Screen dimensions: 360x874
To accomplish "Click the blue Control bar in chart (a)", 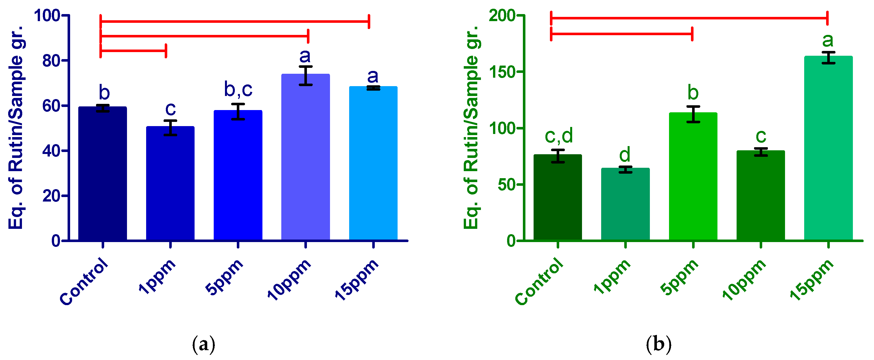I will click(x=102, y=173).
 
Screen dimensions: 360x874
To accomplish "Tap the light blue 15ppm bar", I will click(x=373, y=163).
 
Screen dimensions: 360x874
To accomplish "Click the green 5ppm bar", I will click(x=693, y=176).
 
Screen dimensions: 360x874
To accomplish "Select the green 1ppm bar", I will click(x=625, y=204).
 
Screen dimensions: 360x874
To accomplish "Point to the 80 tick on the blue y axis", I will click(x=51, y=61).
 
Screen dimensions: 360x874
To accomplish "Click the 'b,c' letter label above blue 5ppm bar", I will click(x=238, y=90).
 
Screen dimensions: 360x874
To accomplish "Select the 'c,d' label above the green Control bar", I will click(x=558, y=136).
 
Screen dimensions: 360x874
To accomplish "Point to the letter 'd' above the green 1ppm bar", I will click(x=625, y=155).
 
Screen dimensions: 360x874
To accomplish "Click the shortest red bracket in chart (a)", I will click(x=133, y=51).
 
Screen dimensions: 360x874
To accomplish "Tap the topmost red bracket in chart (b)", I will click(x=689, y=18).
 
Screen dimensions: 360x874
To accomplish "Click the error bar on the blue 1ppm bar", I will click(x=170, y=128).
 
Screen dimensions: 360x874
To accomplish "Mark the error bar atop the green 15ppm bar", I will click(x=828, y=58).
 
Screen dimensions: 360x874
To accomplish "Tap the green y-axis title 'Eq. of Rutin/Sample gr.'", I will click(x=472, y=127).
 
